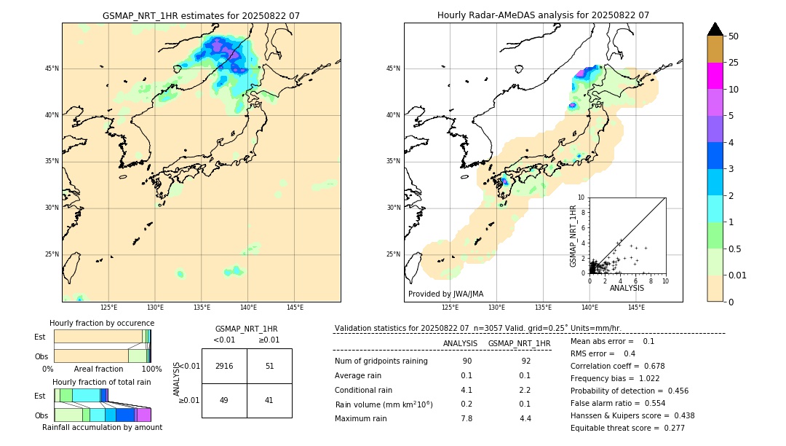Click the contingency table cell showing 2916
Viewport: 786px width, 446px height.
(224, 366)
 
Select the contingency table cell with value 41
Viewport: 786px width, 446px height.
(269, 400)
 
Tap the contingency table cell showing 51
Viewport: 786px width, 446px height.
(269, 366)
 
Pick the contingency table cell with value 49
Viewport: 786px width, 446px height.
(224, 400)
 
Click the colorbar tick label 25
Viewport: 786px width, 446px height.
(734, 63)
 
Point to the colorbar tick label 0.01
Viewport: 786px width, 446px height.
(738, 275)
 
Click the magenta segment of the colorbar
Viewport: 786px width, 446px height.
(715, 76)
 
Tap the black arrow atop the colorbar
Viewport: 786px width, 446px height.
(715, 29)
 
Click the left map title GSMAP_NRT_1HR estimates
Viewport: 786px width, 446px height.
(201, 15)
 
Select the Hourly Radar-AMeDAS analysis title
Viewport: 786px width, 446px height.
(543, 15)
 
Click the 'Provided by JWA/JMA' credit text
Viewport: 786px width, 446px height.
(445, 294)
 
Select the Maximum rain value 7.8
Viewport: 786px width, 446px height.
(467, 418)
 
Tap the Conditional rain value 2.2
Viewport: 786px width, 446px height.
(525, 390)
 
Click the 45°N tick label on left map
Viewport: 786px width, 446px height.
(52, 69)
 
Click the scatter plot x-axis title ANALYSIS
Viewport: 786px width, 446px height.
(627, 288)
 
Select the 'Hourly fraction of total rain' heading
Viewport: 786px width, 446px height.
(102, 382)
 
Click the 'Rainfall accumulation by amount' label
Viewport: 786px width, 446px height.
(102, 428)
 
